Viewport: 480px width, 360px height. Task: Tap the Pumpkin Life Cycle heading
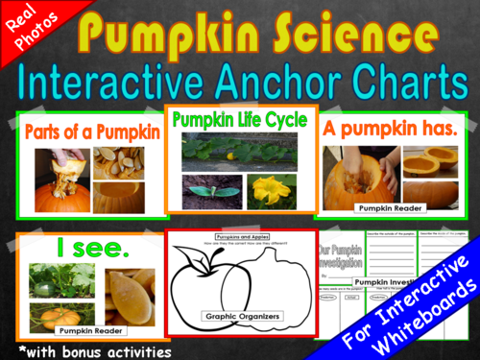coord(239,121)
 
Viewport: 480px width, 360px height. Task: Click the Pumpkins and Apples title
coord(240,235)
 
